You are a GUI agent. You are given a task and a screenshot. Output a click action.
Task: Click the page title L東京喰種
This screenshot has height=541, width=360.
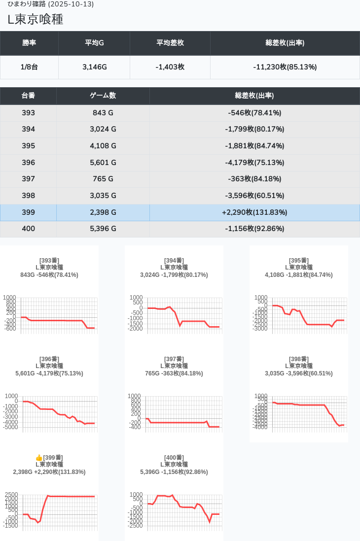tap(36, 20)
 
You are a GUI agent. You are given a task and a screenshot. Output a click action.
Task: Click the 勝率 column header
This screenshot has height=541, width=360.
tap(29, 43)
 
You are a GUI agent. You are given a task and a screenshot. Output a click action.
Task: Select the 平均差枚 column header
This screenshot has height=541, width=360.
tap(170, 43)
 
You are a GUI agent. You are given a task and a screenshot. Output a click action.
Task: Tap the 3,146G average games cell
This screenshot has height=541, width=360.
tap(95, 67)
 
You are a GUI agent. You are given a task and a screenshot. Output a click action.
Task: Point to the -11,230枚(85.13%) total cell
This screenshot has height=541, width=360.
tap(285, 67)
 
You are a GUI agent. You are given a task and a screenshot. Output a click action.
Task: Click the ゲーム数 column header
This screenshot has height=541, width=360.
tap(103, 96)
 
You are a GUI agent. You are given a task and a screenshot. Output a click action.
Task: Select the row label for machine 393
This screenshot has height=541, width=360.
tap(29, 113)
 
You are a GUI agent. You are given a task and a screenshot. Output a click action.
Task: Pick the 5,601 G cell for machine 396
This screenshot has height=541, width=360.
tap(103, 163)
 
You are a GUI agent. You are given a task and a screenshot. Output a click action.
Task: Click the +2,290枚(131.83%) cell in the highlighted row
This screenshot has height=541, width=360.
tap(254, 212)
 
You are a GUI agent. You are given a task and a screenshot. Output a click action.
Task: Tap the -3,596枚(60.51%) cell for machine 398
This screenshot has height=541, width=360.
tap(254, 196)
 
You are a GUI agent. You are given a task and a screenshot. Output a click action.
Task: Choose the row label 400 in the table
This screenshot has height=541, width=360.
tap(29, 229)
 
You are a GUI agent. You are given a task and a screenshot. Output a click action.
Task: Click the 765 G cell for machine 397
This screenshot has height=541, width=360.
tap(103, 179)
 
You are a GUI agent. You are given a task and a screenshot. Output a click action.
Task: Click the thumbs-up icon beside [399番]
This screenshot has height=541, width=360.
tap(39, 458)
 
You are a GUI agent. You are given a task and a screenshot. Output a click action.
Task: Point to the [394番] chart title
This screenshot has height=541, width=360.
tap(174, 261)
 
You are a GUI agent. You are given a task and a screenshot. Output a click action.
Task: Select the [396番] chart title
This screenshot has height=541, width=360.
tap(49, 359)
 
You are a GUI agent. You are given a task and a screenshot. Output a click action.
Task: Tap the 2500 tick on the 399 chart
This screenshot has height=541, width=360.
tap(11, 495)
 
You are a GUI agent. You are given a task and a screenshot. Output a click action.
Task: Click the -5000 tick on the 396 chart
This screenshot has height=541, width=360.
tap(10, 427)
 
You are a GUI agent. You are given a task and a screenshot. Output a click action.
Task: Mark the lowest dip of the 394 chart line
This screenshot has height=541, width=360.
tap(180, 326)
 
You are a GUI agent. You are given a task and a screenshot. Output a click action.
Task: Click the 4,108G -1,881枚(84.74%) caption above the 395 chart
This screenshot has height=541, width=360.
tap(299, 275)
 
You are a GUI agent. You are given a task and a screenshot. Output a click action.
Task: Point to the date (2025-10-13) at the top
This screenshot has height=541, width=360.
tap(71, 4)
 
